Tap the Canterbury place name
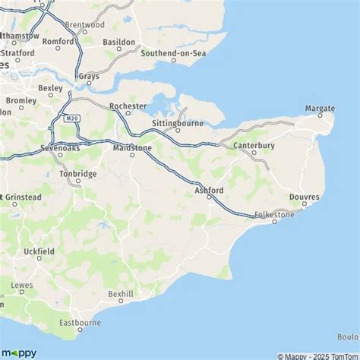tap(254, 144)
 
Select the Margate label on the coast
tap(320, 109)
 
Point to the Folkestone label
tap(274, 215)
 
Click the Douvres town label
tap(305, 197)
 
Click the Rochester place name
tap(127, 106)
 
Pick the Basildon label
tap(118, 42)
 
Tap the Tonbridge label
tap(77, 174)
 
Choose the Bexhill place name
tap(121, 292)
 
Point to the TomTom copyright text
tap(339, 355)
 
